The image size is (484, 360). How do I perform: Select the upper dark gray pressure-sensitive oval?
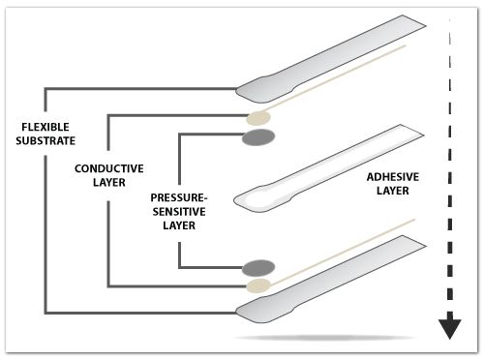pyautogui.click(x=258, y=137)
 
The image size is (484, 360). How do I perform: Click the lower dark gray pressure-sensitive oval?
pyautogui.click(x=258, y=266)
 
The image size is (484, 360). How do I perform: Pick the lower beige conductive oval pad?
pyautogui.click(x=258, y=285)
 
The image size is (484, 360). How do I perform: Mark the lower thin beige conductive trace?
pyautogui.click(x=339, y=253)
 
